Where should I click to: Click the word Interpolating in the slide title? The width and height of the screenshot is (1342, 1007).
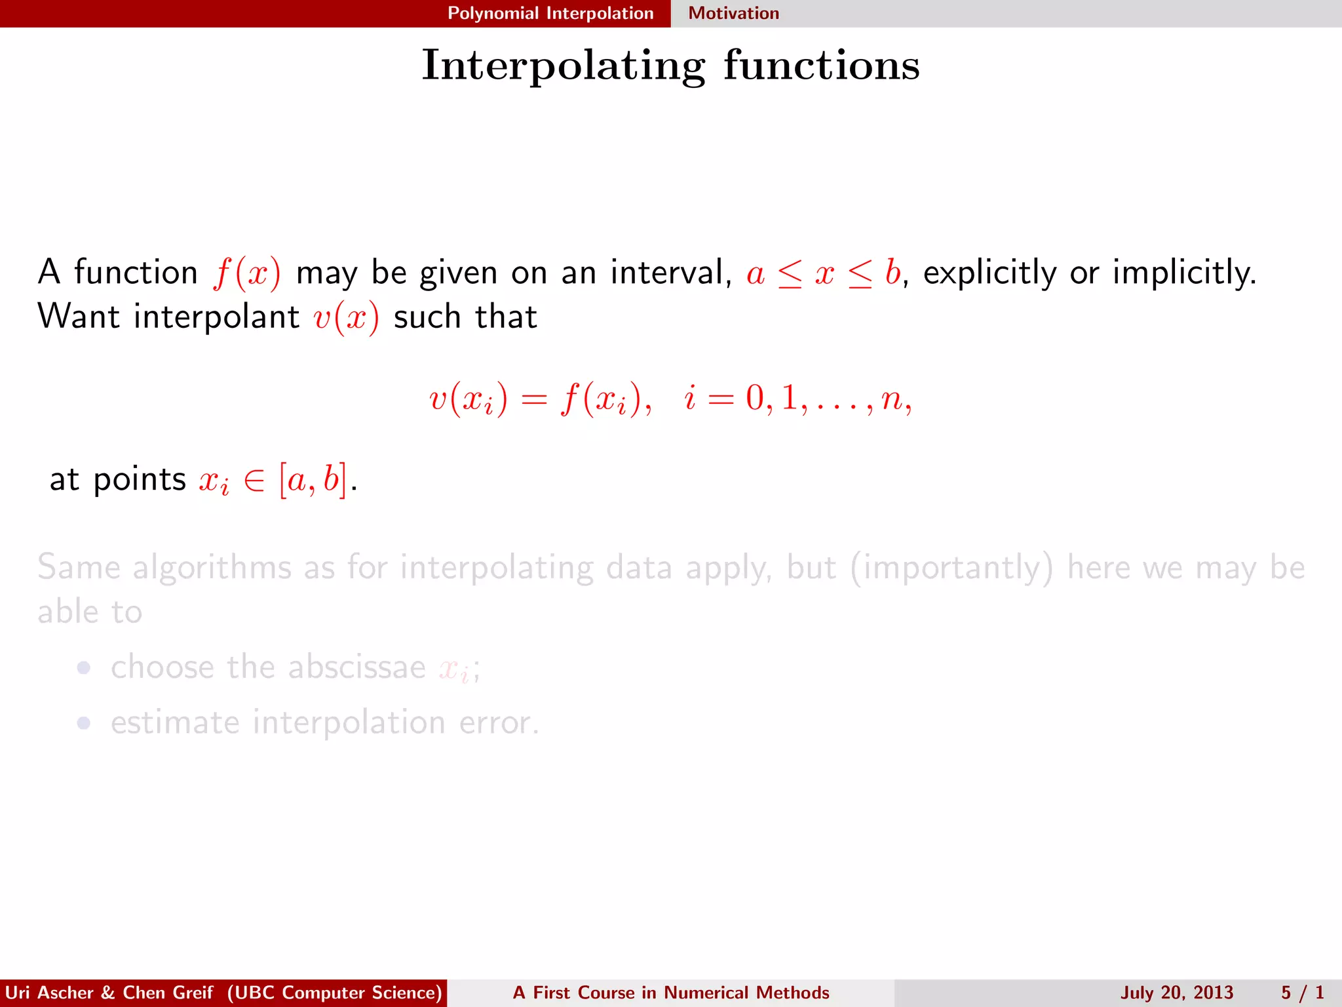coord(564,66)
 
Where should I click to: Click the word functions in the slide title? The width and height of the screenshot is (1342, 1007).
coord(822,66)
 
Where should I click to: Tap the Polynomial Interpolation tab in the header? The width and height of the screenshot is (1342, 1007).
coord(550,13)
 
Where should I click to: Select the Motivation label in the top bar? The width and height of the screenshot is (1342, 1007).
coord(733,13)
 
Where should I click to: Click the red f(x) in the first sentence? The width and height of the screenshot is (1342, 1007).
coord(246,273)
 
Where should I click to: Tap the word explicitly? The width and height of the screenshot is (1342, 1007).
coord(989,273)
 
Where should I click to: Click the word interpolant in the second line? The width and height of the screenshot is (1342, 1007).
coord(216,317)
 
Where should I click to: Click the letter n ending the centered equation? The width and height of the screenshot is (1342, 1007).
coord(892,399)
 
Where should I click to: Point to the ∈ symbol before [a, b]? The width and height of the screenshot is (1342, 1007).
coord(254,481)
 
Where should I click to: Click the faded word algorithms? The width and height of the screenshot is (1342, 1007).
coord(212,568)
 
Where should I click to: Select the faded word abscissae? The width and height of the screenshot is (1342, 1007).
coord(356,667)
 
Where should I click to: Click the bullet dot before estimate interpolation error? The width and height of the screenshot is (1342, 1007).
coord(83,722)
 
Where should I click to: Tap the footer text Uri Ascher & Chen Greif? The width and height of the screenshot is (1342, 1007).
coord(109,993)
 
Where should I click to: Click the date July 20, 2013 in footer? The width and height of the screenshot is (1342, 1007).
coord(1176,993)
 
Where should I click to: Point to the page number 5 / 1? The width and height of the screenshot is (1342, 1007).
coord(1302,993)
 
